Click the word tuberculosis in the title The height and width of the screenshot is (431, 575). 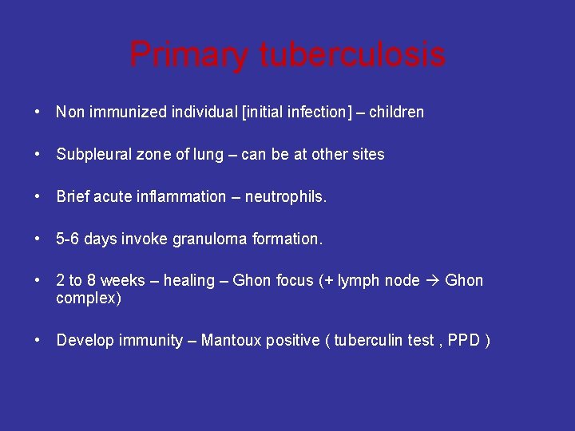tap(352, 55)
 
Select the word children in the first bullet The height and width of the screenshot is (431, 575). tap(397, 112)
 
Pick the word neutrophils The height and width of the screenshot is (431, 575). tap(291, 196)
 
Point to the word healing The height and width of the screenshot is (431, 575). tap(188, 280)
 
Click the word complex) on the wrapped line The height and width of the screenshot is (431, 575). tap(89, 299)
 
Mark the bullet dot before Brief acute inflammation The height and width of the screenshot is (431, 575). tap(38, 196)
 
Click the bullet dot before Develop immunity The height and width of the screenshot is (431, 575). tap(38, 341)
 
